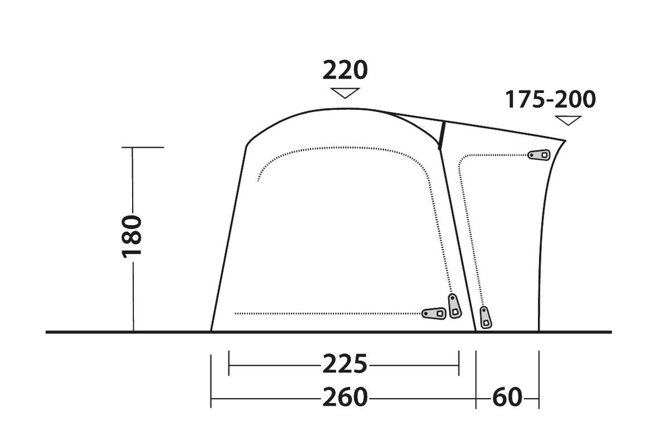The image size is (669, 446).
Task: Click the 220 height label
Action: (345, 70)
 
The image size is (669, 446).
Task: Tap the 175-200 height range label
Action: (550, 99)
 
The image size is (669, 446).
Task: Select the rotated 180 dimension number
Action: (132, 236)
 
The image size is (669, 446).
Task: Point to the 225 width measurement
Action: (345, 364)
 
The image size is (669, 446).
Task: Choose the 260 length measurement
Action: (345, 397)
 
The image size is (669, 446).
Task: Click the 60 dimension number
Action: (507, 397)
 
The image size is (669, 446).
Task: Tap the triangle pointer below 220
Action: (345, 93)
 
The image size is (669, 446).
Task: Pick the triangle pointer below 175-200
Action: (568, 120)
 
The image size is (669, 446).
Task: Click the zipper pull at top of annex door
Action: (539, 155)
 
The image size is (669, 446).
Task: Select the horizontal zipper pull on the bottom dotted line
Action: (434, 313)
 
